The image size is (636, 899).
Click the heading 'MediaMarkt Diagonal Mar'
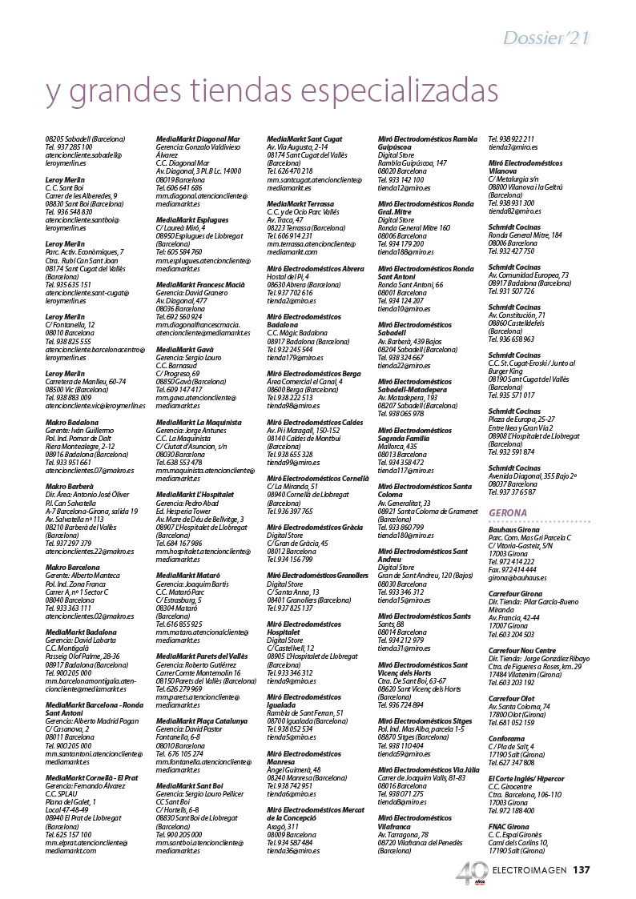pos(198,139)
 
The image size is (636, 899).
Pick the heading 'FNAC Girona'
pos(509,825)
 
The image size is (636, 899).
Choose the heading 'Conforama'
pos(506,739)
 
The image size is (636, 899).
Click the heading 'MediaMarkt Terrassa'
pos(300,204)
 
